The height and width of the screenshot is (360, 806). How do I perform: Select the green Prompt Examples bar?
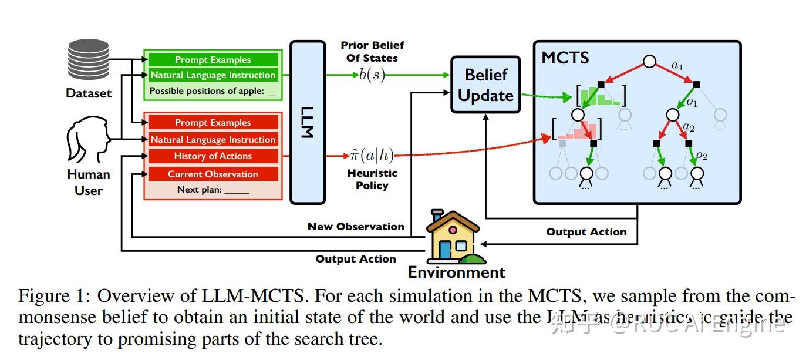point(213,60)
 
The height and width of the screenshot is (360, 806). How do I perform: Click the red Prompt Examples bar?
point(213,123)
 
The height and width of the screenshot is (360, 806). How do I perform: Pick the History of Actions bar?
point(213,156)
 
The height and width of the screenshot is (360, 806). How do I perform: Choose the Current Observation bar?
point(213,174)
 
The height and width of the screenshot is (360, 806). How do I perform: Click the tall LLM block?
point(308,122)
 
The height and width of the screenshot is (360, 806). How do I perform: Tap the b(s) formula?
point(372,75)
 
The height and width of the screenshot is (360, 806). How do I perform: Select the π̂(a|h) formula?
point(372,156)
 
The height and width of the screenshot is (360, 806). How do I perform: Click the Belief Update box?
point(485,85)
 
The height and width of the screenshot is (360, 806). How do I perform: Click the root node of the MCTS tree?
point(649,61)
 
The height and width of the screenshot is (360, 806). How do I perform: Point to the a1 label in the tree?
point(677,65)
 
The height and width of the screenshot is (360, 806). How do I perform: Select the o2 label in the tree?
point(702,156)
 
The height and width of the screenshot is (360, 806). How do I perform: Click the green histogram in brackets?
point(601,96)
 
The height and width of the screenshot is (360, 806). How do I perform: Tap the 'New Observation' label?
point(356,227)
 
